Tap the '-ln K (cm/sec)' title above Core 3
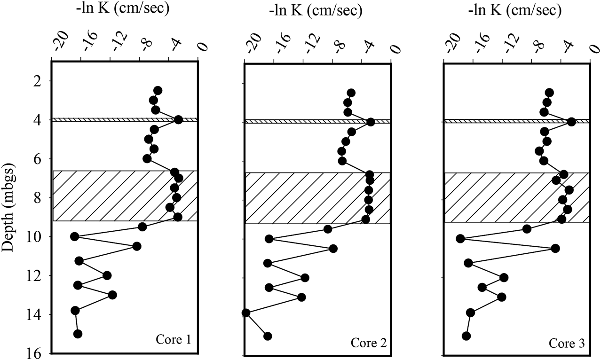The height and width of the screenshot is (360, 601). (x=516, y=10)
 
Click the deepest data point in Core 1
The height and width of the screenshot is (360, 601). (x=78, y=334)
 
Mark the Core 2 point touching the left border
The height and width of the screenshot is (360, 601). (x=245, y=313)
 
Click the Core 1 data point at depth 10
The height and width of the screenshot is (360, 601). (x=74, y=236)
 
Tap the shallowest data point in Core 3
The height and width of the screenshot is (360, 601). (x=549, y=93)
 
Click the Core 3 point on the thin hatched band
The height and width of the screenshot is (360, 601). (x=571, y=122)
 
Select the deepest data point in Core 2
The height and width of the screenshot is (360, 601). (x=268, y=336)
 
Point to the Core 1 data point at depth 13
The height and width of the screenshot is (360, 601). (x=112, y=295)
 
